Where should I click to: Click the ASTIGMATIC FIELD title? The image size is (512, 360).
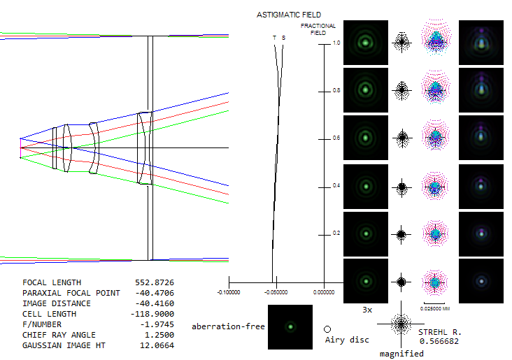click(x=289, y=15)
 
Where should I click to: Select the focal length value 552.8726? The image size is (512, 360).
click(x=155, y=282)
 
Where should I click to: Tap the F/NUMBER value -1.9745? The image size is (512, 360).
click(x=157, y=324)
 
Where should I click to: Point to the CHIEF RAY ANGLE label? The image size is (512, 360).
click(x=59, y=335)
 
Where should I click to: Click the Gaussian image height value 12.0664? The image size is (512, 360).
click(x=157, y=345)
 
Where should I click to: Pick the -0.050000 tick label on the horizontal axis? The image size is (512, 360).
click(x=276, y=292)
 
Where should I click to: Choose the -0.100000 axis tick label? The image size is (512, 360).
click(x=229, y=292)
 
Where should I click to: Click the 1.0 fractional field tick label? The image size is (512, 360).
click(x=336, y=43)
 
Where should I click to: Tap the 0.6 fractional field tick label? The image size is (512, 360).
click(x=336, y=138)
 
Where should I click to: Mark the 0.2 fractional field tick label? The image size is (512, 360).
click(x=336, y=233)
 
